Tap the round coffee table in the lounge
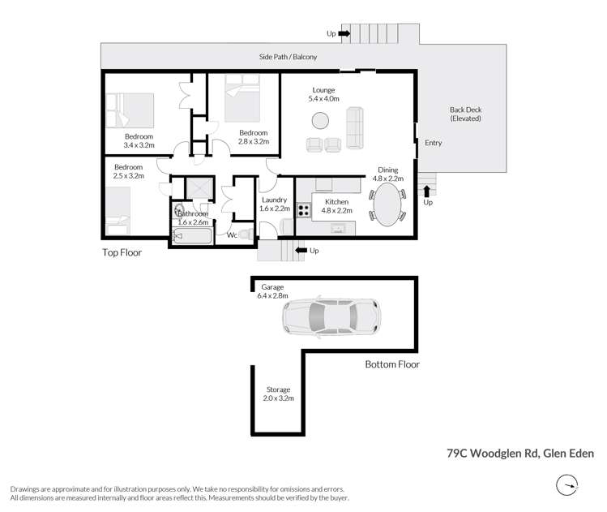(x=320, y=121)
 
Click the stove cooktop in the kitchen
(x=304, y=210)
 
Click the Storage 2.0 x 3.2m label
(x=277, y=394)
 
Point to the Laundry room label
(x=274, y=204)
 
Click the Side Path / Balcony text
(x=288, y=57)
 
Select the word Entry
(x=433, y=143)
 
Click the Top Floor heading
(x=122, y=252)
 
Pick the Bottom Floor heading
(x=391, y=364)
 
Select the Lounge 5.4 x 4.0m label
(x=323, y=94)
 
